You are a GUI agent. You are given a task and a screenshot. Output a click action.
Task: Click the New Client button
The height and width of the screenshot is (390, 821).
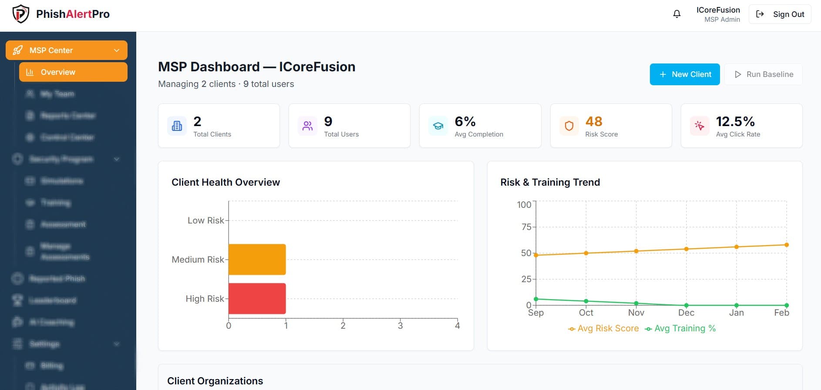point(684,74)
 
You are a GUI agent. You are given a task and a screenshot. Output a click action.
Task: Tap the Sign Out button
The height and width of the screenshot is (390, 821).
point(780,14)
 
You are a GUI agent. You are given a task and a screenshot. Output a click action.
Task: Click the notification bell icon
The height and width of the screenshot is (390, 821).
point(676,14)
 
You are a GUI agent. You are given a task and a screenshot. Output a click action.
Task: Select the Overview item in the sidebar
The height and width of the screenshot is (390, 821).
point(73,72)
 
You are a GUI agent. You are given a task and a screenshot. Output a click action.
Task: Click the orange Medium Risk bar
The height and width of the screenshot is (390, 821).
point(257,260)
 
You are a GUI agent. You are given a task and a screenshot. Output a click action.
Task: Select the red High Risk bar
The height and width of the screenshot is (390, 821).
point(257,299)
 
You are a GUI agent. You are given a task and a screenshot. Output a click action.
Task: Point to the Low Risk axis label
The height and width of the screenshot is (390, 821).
point(205,220)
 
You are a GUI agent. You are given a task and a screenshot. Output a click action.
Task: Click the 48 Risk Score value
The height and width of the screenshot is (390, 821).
point(594,121)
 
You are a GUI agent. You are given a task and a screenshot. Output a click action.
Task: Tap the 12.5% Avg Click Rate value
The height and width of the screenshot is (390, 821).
point(735,121)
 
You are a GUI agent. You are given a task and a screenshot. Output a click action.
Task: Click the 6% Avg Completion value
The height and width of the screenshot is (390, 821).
point(465,121)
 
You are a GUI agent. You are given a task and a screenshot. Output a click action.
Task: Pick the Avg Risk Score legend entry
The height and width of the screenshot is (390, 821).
point(603,329)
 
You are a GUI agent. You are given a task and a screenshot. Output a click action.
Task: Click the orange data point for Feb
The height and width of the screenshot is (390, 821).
point(786,245)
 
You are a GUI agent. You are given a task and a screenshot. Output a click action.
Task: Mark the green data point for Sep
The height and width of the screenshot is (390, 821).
point(536,299)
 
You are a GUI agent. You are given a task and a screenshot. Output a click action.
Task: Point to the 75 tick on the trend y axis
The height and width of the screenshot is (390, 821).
point(526,227)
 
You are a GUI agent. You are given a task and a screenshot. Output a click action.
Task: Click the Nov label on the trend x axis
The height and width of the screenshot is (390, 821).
point(636,313)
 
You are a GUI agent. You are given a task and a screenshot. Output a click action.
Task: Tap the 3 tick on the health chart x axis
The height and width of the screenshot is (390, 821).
point(400,326)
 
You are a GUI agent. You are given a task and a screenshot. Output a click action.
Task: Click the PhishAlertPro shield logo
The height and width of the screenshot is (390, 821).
point(20,14)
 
